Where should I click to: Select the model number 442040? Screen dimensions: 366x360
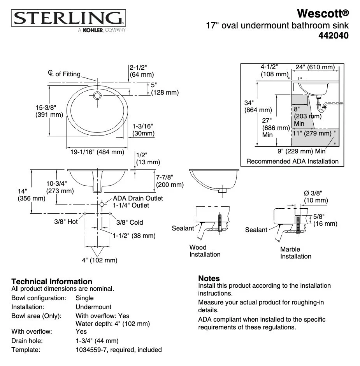(x=333, y=35)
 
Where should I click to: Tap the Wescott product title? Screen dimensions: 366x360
(x=323, y=14)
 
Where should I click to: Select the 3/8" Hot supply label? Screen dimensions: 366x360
(x=66, y=222)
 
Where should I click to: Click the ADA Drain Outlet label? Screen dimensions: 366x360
(x=138, y=198)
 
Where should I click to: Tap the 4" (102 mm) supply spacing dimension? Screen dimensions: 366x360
(x=99, y=260)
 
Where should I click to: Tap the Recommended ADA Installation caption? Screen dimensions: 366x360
(x=292, y=161)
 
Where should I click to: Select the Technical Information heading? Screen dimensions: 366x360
(x=52, y=281)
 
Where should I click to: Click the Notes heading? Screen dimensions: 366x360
(x=209, y=278)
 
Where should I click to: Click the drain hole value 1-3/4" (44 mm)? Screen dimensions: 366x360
(x=97, y=341)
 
